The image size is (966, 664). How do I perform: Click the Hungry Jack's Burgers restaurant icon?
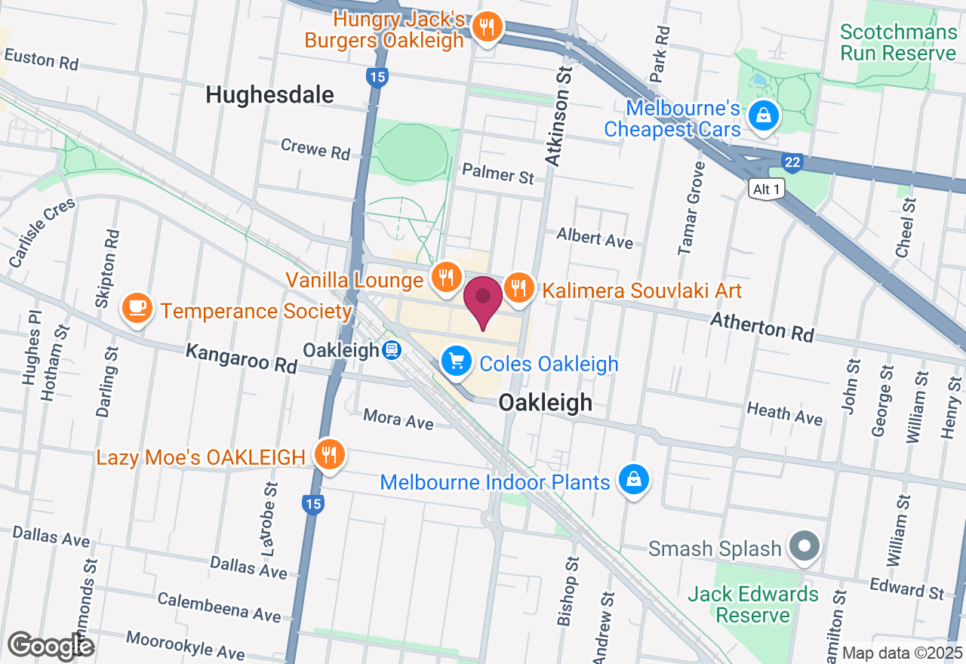point(487,28)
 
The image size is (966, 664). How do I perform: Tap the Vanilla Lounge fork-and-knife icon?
point(446,277)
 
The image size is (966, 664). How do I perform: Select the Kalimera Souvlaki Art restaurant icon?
point(518,287)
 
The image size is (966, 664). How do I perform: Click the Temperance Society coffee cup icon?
point(137,308)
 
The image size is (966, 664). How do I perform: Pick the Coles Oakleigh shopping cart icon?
point(456,361)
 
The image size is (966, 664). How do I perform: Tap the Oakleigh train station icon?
point(391,350)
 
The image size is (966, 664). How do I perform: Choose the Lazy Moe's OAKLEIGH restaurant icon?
point(329,455)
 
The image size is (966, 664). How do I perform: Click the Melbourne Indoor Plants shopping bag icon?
point(634,479)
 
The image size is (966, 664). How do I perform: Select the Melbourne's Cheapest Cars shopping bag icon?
point(764,115)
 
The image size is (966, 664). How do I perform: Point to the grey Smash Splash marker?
point(804,546)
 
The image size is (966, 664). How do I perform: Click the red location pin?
point(483,299)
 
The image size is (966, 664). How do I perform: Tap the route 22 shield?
point(791,162)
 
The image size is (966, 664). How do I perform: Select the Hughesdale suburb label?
point(269,95)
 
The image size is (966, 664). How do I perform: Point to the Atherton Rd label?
point(762,328)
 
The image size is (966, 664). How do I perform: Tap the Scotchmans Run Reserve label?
point(898,42)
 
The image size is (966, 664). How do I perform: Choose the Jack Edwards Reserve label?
point(752,604)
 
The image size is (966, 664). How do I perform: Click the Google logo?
point(51,646)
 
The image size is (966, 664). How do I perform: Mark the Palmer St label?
point(498,174)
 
